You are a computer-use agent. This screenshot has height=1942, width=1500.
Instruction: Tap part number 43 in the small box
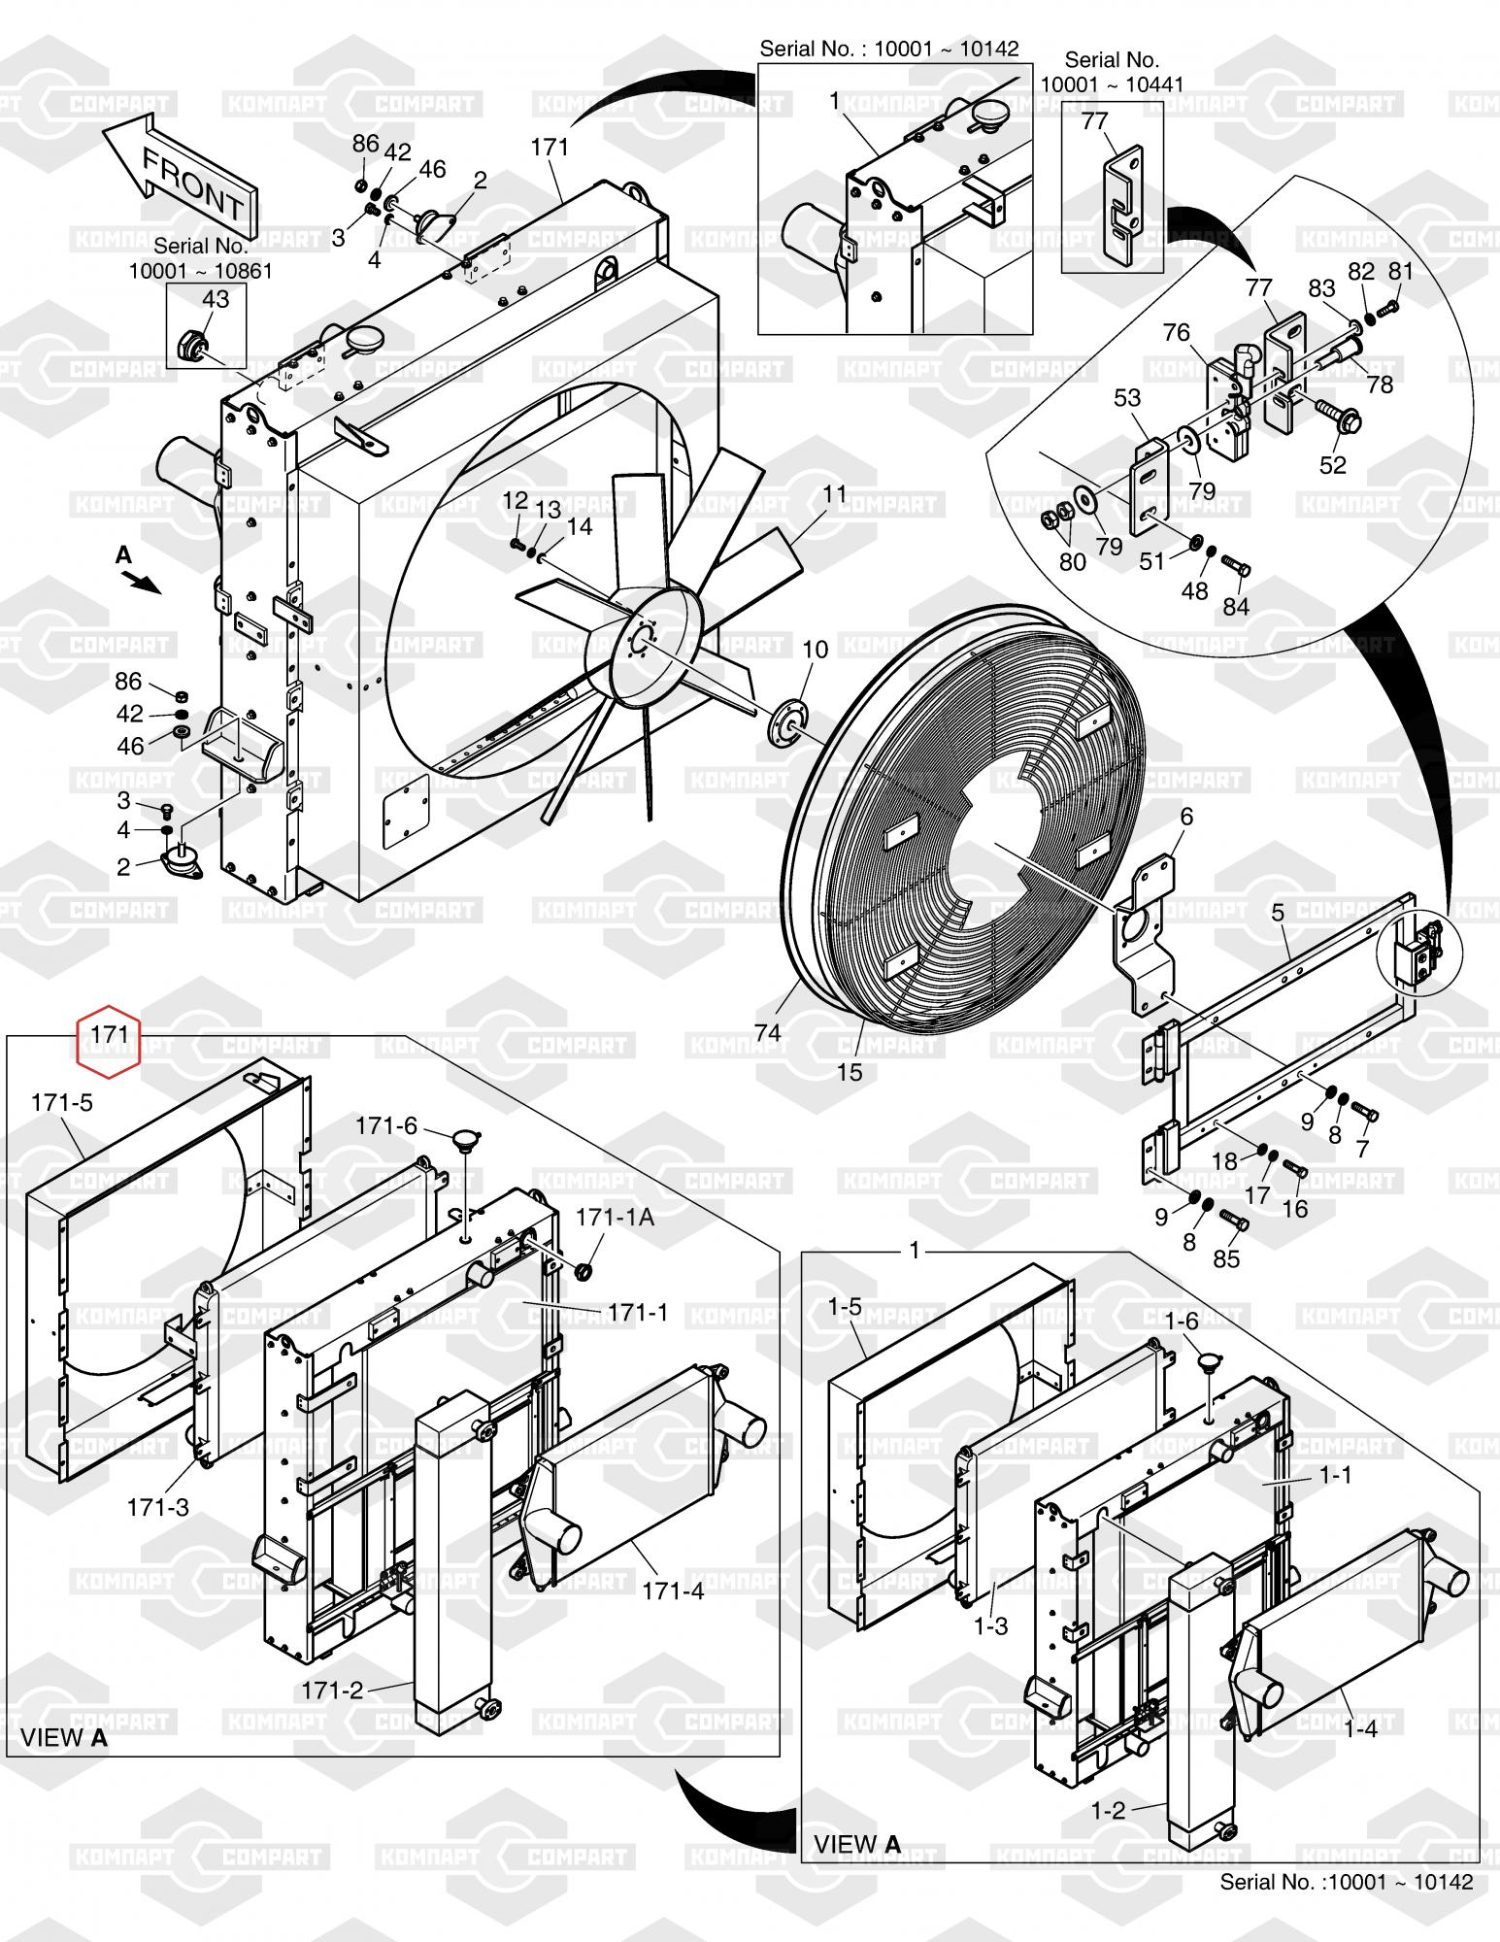[x=215, y=300]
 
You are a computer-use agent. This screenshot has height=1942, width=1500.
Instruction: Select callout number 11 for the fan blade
[x=834, y=494]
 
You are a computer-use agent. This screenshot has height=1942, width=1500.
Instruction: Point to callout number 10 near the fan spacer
[x=816, y=649]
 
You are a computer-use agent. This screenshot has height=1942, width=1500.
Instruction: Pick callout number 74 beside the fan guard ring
[x=767, y=1032]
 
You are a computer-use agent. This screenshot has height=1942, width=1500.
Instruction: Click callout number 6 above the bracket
[x=1185, y=817]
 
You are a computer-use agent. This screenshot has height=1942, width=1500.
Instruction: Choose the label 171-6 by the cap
[x=386, y=1125]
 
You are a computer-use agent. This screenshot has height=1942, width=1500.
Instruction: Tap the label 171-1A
[x=616, y=1217]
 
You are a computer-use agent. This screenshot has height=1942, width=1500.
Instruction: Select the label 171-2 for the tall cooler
[x=332, y=1691]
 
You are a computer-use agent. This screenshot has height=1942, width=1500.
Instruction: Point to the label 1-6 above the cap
[x=1182, y=1321]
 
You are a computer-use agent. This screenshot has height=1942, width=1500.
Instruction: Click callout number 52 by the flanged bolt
[x=1333, y=464]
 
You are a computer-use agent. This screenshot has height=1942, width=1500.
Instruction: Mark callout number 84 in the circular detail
[x=1235, y=607]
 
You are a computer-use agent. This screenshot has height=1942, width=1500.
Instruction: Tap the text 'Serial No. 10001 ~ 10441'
[x=1112, y=73]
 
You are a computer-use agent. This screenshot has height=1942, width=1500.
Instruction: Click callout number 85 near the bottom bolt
[x=1227, y=1258]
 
